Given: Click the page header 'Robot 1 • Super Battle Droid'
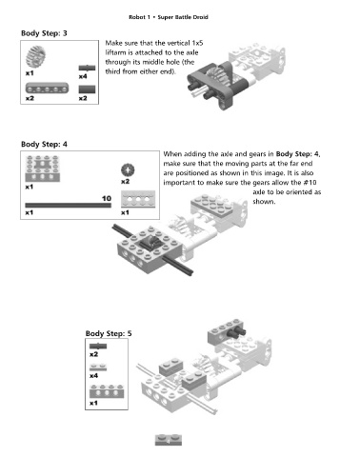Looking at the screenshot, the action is (169, 17).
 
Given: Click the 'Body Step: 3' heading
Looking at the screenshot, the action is (44, 33).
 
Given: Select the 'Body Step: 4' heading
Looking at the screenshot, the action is (44, 144).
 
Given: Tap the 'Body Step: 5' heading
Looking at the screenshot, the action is (109, 333).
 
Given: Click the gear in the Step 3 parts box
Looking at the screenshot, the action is (35, 57).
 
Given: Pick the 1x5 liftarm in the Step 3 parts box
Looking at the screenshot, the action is (47, 89).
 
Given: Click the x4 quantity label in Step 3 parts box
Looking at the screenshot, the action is (83, 76).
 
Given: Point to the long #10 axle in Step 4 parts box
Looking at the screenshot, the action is (69, 206).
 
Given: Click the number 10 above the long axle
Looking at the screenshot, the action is (107, 199).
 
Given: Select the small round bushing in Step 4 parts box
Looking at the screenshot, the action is (128, 170).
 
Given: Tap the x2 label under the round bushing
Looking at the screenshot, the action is (126, 182).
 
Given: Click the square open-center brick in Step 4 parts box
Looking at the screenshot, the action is (43, 169).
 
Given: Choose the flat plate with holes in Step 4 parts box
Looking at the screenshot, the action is (138, 199).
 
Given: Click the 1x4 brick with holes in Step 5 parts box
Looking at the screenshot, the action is (107, 391).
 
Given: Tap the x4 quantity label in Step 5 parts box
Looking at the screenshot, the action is (93, 376).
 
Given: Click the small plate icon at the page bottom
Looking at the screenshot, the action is (169, 440).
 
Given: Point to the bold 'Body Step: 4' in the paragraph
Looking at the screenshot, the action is (297, 154).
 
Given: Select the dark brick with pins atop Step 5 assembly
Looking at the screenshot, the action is (227, 331).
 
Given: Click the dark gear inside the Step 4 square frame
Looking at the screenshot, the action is (150, 244).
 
